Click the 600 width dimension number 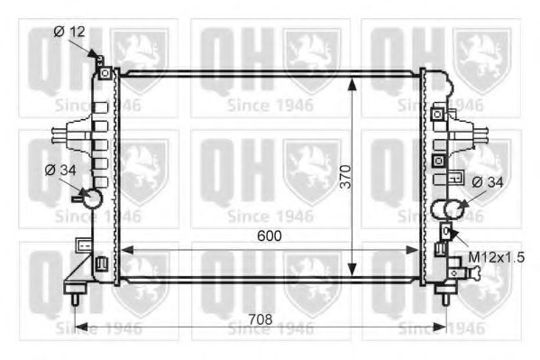[x=270, y=235]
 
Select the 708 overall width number [x=261, y=317]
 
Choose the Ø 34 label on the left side [x=60, y=168]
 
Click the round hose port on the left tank [x=91, y=198]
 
